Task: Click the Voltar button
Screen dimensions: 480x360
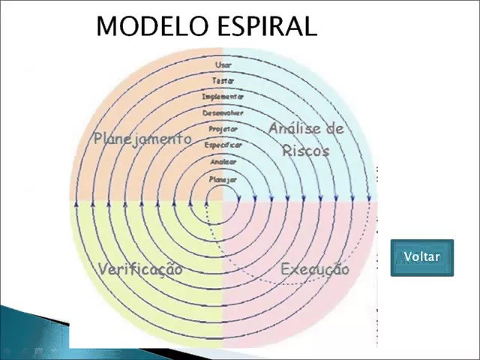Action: (421, 257)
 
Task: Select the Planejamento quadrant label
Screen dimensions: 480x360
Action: (142, 139)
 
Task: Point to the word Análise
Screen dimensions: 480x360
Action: (295, 129)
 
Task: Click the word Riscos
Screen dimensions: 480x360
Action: (306, 150)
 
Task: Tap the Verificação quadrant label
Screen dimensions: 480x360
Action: (140, 269)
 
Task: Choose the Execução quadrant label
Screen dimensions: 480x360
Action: (314, 269)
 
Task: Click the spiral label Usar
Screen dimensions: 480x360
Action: (223, 65)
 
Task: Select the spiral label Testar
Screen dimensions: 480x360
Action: (223, 81)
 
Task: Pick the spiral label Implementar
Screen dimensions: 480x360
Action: (223, 97)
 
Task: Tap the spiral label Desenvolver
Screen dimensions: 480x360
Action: (223, 112)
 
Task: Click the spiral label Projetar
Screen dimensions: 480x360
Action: (223, 129)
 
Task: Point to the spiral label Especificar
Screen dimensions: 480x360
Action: (223, 145)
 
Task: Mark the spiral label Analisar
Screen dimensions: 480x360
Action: (223, 161)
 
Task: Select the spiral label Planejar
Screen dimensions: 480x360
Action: (223, 180)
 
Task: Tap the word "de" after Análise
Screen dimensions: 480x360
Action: (335, 129)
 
